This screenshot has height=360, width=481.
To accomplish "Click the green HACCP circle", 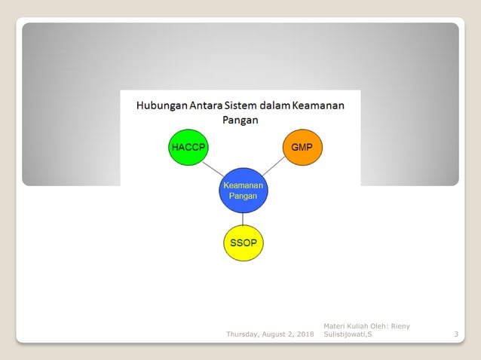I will click(188, 147).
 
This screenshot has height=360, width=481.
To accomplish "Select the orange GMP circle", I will click(302, 147).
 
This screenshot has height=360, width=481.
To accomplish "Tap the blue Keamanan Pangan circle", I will click(244, 190).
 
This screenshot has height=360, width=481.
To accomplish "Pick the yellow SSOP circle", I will click(244, 243).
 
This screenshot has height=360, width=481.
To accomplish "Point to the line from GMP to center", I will click(274, 167).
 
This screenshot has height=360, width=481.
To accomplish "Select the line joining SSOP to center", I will click(244, 218).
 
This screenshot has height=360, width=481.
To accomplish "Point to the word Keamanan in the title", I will click(320, 106).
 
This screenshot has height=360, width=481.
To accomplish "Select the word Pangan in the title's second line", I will click(240, 120).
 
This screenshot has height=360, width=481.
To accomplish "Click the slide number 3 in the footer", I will click(456, 334).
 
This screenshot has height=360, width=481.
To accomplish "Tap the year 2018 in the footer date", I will click(305, 334).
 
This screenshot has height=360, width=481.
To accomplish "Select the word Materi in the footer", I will click(334, 325).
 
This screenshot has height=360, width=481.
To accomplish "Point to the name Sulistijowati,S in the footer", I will click(348, 334).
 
